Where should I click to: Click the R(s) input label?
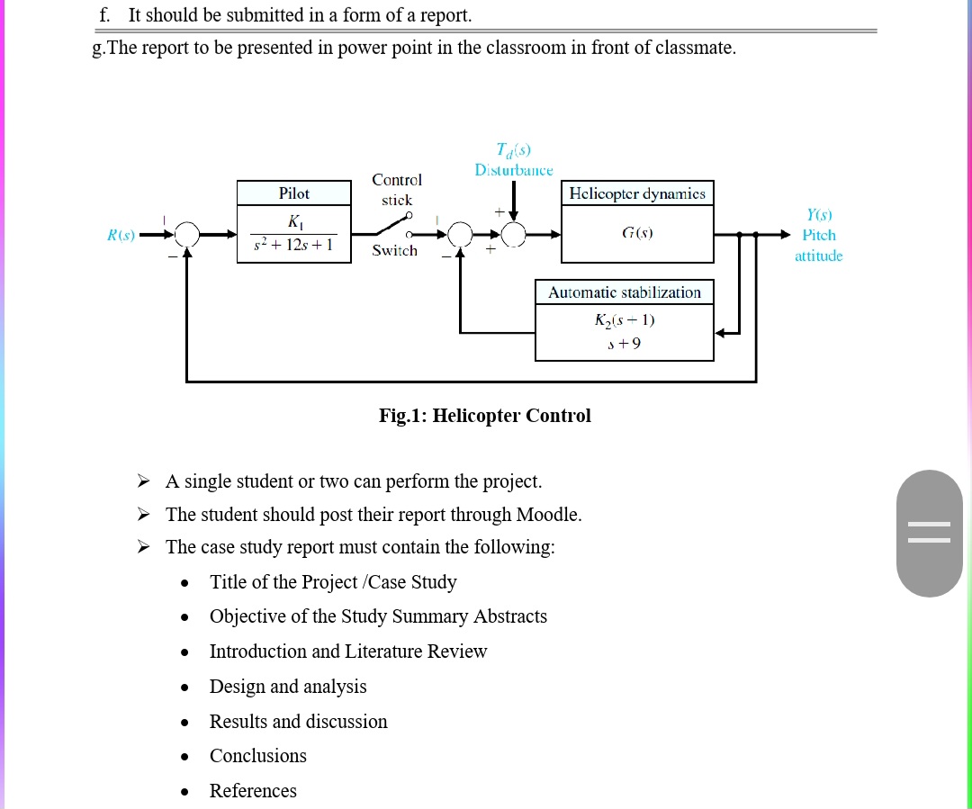pos(121,235)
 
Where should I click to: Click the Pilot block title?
pos(293,193)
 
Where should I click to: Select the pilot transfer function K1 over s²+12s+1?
pos(294,233)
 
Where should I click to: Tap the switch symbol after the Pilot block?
pos(395,226)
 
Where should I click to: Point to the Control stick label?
pos(396,190)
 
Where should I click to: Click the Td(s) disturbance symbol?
pos(513,150)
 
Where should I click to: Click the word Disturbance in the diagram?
pos(513,170)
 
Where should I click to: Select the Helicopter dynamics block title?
pos(637,193)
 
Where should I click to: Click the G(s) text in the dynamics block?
pos(637,233)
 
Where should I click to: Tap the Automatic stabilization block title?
pos(624,292)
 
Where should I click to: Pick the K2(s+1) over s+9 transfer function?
pos(624,332)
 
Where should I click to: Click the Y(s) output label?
pos(819,215)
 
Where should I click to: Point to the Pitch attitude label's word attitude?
pos(818,256)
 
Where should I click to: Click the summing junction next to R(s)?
pos(186,235)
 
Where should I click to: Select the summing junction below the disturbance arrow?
pos(514,235)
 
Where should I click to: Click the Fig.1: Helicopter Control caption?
pos(485,416)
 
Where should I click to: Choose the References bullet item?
pos(253,791)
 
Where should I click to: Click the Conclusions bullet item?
pos(257,756)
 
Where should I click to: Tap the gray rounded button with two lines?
pos(929,533)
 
